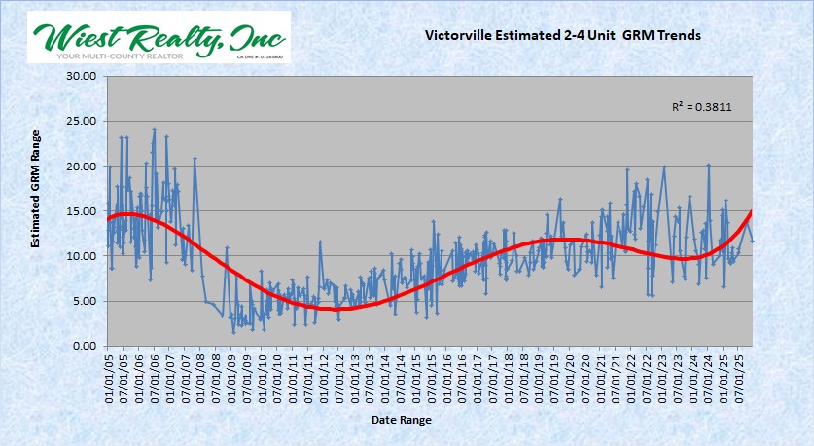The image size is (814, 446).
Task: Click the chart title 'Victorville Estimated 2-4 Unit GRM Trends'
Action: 562,35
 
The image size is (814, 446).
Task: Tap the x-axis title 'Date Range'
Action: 401,420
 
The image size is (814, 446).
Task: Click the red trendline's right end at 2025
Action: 752,211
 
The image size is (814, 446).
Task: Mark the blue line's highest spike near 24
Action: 154,129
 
